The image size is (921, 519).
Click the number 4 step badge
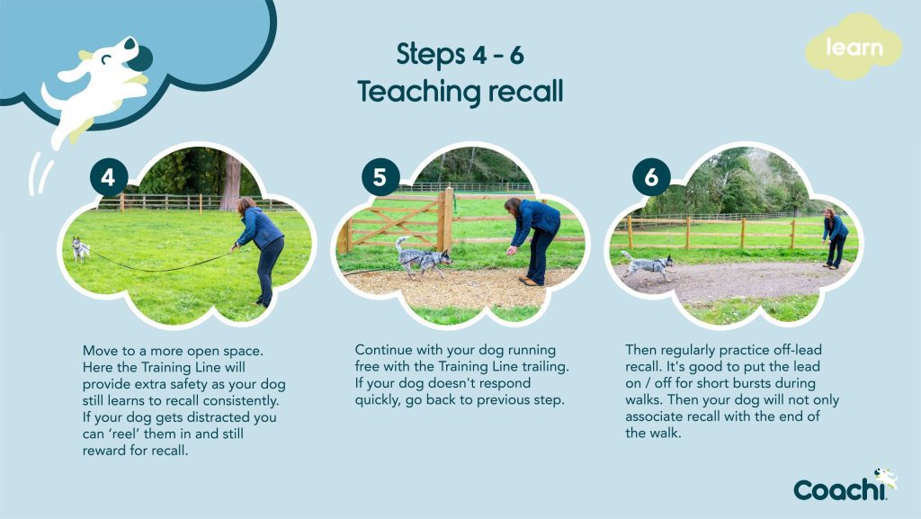coord(108,178)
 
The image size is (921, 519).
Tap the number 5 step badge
coord(380,178)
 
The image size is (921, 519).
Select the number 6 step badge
coord(651,178)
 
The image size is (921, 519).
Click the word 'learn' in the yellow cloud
coord(854,48)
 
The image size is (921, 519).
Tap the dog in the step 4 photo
coord(81,249)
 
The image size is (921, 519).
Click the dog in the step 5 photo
coord(422,258)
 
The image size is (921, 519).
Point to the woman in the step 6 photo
coord(834,237)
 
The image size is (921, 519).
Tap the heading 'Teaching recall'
coord(460,91)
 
